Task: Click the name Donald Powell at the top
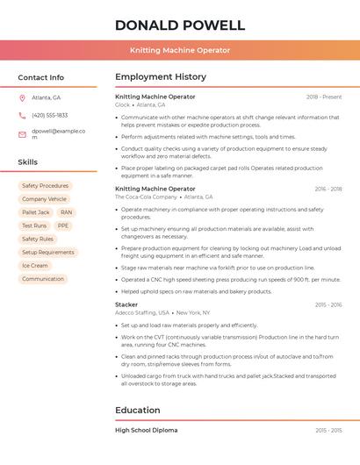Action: pyautogui.click(x=180, y=25)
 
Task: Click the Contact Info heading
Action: pyautogui.click(x=41, y=77)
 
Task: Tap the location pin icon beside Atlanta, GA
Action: pyautogui.click(x=22, y=97)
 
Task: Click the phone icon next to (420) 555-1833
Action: pyautogui.click(x=22, y=115)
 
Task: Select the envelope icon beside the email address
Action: pyautogui.click(x=22, y=134)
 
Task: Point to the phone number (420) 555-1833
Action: pyautogui.click(x=49, y=115)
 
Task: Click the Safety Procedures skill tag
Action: pyautogui.click(x=45, y=186)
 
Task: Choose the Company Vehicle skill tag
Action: pyautogui.click(x=44, y=199)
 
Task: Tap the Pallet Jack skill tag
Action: pyautogui.click(x=35, y=212)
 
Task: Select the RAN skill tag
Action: pyautogui.click(x=67, y=212)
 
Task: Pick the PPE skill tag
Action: pyautogui.click(x=63, y=225)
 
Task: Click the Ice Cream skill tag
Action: pyautogui.click(x=35, y=266)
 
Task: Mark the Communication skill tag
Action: pyautogui.click(x=43, y=279)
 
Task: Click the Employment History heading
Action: pyautogui.click(x=161, y=77)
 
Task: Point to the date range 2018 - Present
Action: pyautogui.click(x=324, y=97)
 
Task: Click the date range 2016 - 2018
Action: pyautogui.click(x=328, y=189)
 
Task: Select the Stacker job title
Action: pyautogui.click(x=126, y=304)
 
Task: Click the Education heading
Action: pyautogui.click(x=137, y=410)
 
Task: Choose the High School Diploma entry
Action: pyautogui.click(x=146, y=430)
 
